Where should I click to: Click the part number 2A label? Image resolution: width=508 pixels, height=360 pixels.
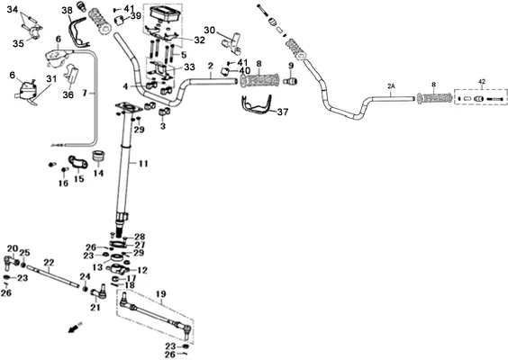coord(392,86)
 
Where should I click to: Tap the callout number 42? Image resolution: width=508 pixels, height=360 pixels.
coord(482,82)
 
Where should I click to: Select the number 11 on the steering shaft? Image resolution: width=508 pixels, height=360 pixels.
coord(143,164)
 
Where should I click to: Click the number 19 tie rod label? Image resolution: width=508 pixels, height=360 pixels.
coord(161,294)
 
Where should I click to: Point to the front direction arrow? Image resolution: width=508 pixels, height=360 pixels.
coord(75,328)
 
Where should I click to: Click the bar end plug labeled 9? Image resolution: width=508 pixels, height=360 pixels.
coord(290,81)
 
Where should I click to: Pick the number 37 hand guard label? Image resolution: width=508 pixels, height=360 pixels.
coord(283,112)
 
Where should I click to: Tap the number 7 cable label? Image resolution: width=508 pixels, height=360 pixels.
coord(85,94)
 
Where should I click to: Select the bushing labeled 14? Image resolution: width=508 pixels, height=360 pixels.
coord(97,157)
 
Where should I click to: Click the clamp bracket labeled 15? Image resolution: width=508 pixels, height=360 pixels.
coord(77,162)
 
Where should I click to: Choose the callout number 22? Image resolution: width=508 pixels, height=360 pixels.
coord(49,262)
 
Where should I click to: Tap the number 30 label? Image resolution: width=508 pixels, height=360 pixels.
coord(209,30)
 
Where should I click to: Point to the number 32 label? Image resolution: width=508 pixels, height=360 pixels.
coord(200,40)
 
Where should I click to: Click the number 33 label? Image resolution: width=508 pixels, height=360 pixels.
coord(189,67)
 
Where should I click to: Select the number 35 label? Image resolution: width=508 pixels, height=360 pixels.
coord(18,43)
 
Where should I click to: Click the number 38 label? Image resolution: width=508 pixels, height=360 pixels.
coord(67,11)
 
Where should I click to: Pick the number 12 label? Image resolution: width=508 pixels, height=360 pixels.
coord(142,270)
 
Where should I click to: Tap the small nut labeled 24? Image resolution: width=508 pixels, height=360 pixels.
coord(86,288)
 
